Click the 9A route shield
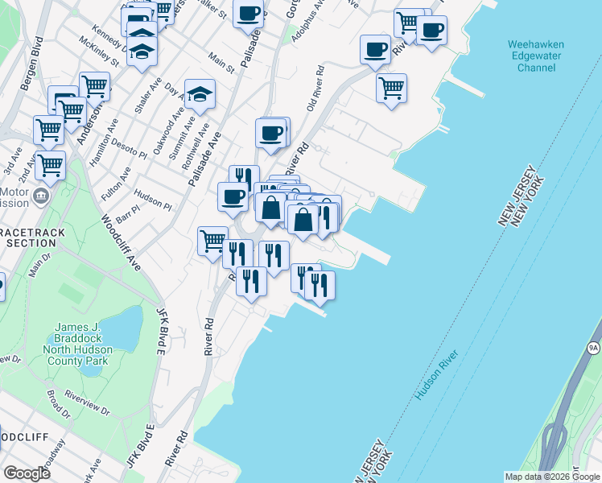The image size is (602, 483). point(594,348)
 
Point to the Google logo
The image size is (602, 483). point(27,473)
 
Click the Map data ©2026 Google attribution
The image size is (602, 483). point(551,477)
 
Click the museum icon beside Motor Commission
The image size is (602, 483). point(41,195)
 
